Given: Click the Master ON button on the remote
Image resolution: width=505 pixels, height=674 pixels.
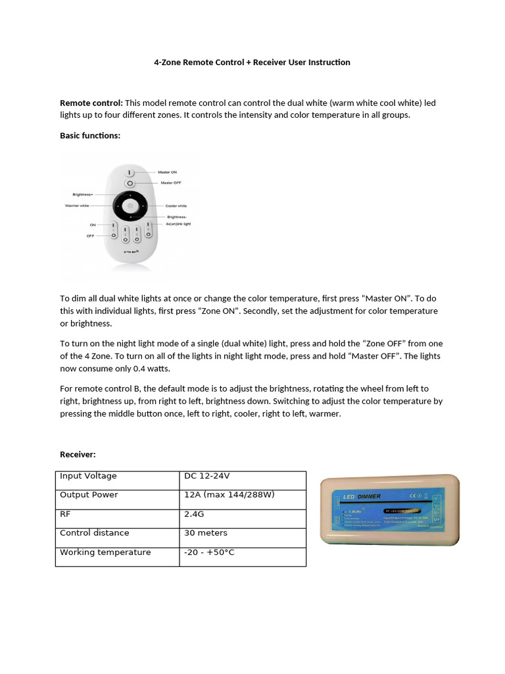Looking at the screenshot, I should [130, 172].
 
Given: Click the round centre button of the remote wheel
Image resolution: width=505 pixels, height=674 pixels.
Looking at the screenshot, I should [130, 207].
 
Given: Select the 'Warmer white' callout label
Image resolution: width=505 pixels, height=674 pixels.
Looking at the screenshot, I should [77, 206].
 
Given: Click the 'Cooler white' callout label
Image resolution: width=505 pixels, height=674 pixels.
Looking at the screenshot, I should [176, 206].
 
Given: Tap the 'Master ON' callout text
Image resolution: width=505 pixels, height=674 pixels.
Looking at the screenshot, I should [168, 172].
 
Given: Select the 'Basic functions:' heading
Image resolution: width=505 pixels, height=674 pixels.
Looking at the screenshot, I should [90, 136].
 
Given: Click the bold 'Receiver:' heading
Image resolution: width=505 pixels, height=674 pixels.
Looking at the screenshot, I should [78, 454].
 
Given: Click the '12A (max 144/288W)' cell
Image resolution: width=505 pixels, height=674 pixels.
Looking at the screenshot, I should [229, 495].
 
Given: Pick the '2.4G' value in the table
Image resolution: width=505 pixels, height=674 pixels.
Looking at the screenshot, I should [195, 514].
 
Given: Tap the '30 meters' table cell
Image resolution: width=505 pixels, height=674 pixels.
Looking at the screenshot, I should [206, 533].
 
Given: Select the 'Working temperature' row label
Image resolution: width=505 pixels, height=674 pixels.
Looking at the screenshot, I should [105, 552].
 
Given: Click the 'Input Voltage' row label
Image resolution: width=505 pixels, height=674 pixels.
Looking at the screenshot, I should [88, 476].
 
